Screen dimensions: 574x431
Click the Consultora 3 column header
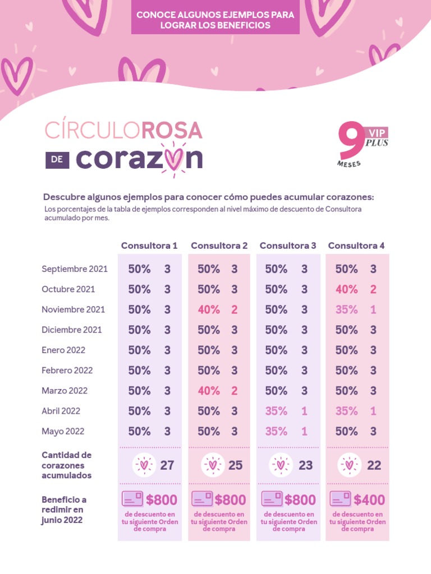[288, 246]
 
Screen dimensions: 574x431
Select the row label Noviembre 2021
[73, 309]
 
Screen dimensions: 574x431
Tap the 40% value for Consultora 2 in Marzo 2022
[209, 391]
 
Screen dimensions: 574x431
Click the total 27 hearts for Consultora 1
[167, 465]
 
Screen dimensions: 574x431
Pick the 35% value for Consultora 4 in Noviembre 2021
[346, 309]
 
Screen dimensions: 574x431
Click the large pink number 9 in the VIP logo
[350, 141]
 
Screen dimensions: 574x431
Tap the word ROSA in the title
[172, 131]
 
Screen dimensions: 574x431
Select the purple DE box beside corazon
[57, 160]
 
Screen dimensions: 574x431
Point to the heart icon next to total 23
[280, 465]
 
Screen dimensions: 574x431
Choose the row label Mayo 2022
[63, 431]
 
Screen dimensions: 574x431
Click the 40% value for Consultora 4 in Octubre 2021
[346, 289]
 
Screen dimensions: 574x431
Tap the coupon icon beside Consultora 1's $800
[132, 499]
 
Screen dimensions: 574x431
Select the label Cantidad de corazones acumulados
[66, 465]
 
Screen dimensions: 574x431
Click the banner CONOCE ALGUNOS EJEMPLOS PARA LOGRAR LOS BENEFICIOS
[215, 20]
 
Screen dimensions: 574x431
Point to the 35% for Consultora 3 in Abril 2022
[276, 411]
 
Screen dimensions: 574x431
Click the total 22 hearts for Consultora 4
[374, 465]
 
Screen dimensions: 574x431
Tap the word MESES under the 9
[349, 164]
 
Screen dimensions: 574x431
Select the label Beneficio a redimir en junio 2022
[64, 510]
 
